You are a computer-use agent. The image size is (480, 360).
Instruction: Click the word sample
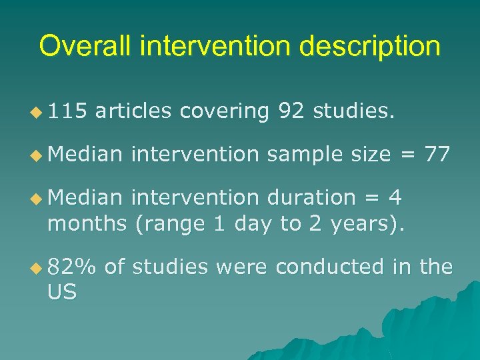pos(305,155)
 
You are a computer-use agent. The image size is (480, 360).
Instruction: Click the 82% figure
pos(71,267)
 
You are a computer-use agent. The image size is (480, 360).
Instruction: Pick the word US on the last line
pos(62,291)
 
